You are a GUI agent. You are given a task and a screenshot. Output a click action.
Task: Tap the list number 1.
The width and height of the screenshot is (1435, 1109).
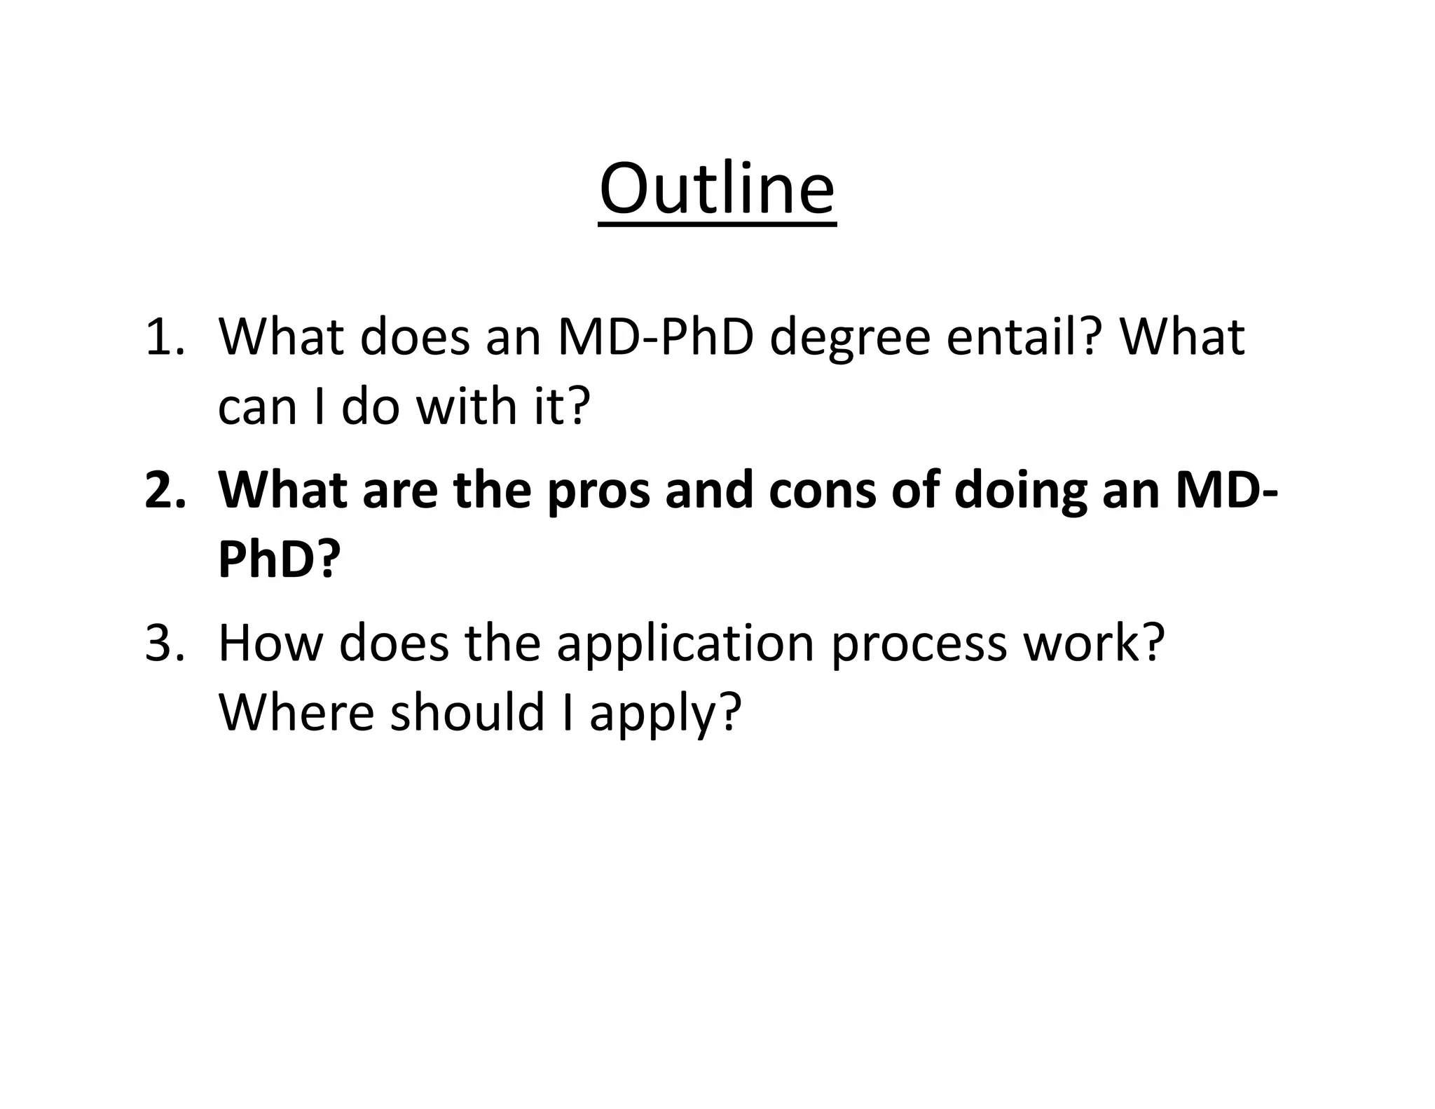click(x=165, y=337)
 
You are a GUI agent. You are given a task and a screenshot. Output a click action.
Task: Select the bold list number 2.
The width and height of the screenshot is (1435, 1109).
click(x=165, y=490)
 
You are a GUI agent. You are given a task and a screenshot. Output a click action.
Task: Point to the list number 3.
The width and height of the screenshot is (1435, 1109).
click(x=165, y=643)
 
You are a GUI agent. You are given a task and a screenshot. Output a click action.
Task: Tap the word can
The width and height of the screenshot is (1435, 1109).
click(x=258, y=408)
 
